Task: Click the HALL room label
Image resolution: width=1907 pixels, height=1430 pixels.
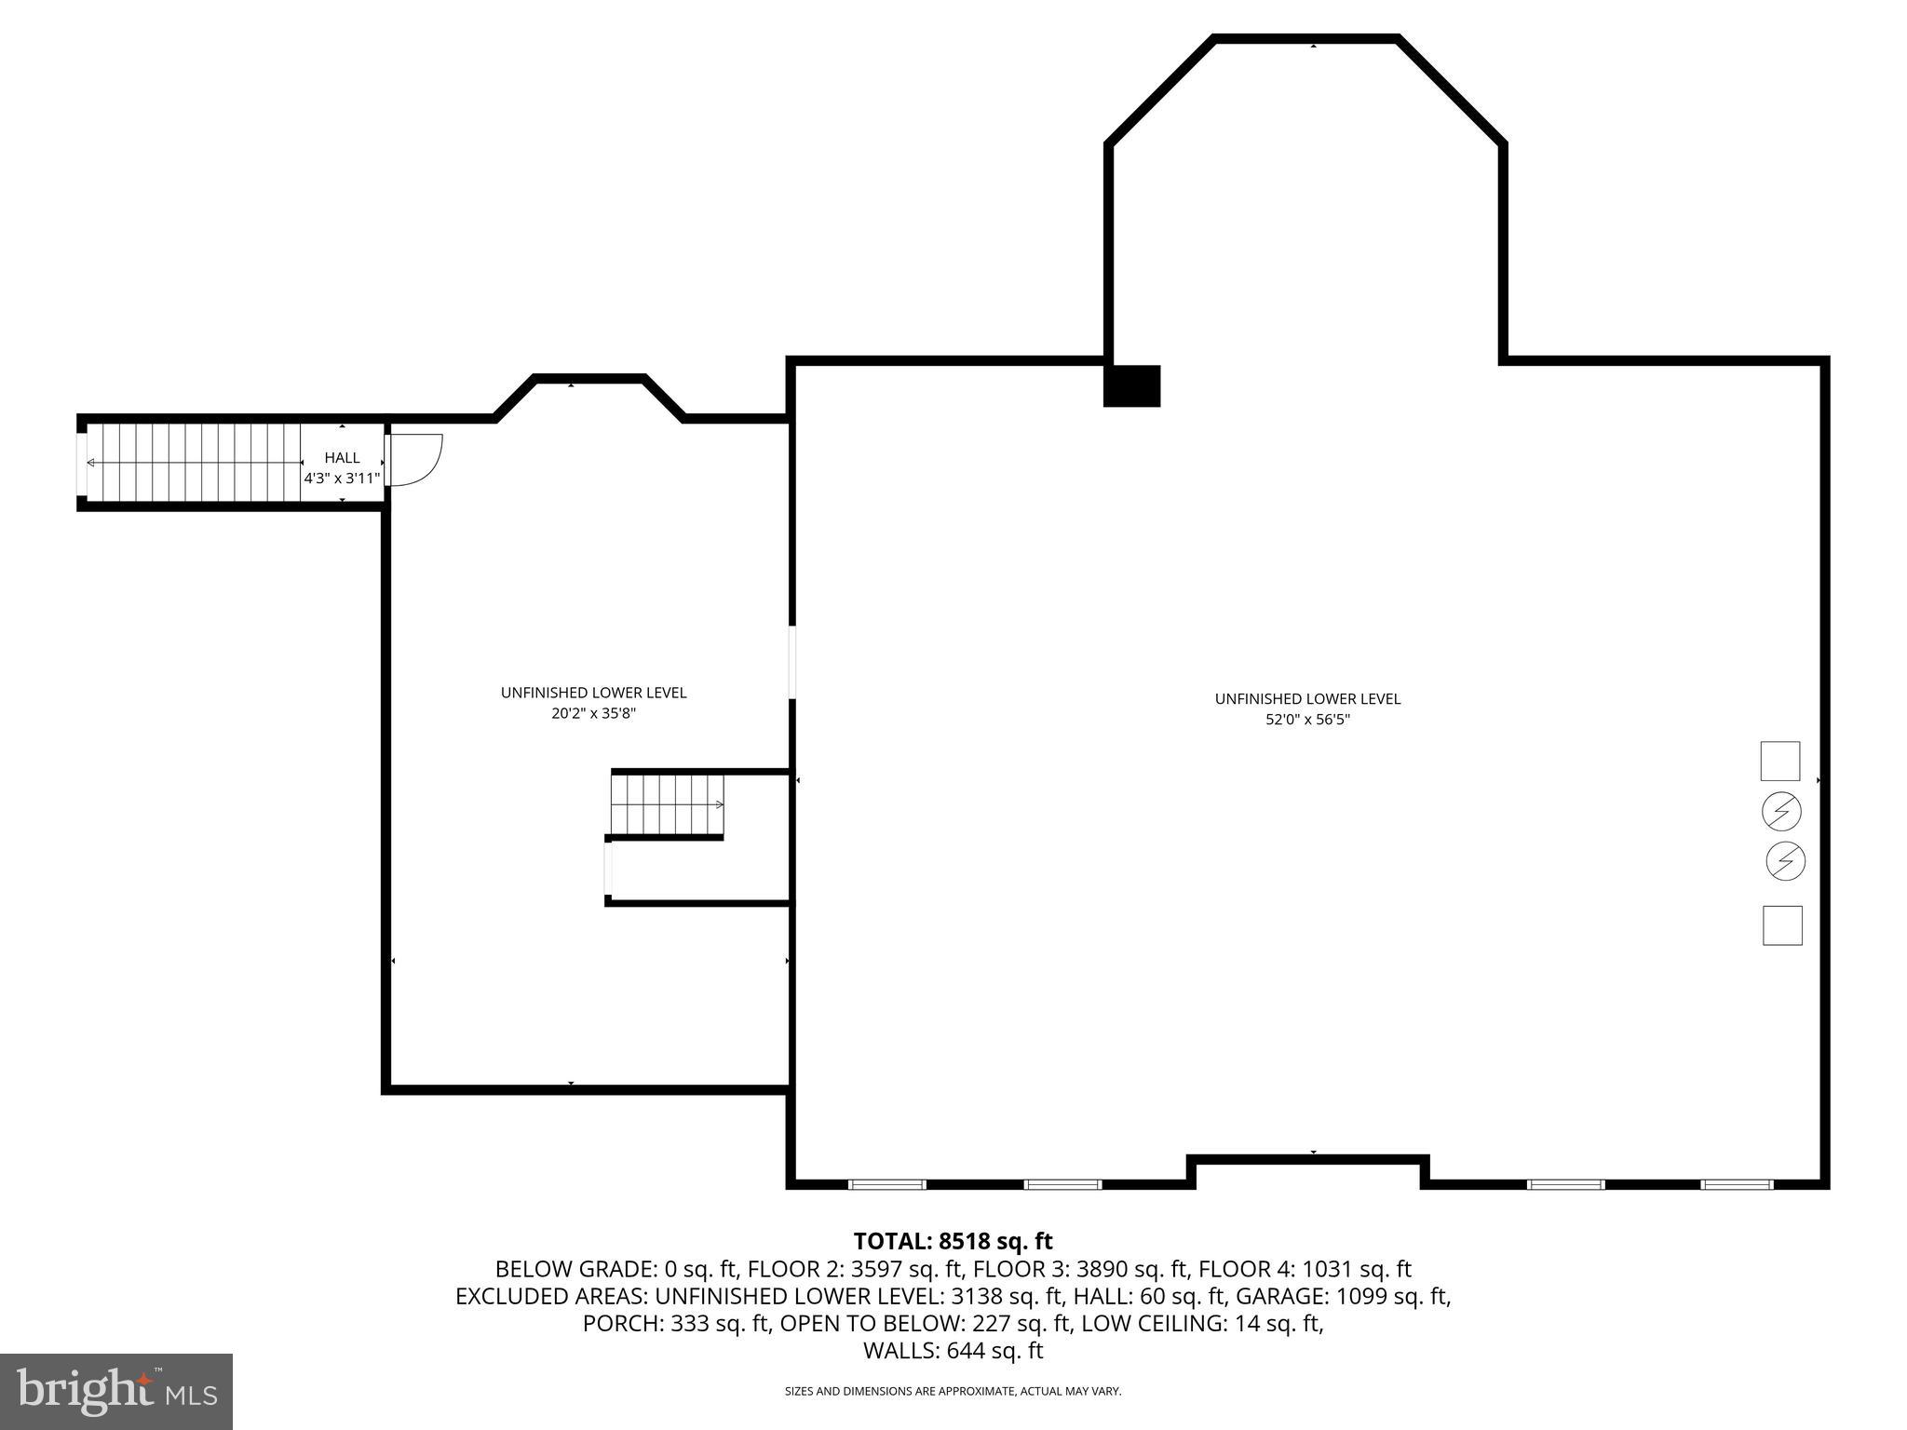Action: point(342,458)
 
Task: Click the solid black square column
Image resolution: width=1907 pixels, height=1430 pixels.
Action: point(1131,385)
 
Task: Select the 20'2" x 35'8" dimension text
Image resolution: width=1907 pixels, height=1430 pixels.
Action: point(593,714)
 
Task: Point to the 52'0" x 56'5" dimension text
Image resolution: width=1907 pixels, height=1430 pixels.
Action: point(1306,720)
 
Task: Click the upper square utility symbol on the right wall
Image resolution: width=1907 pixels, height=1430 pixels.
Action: point(1779,761)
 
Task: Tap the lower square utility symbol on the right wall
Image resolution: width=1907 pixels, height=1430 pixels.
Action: point(1782,925)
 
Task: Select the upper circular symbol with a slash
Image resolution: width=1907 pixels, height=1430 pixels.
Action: point(1781,812)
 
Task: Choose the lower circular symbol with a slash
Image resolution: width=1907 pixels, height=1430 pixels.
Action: point(1785,861)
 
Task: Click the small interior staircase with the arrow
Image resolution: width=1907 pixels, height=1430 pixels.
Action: point(668,804)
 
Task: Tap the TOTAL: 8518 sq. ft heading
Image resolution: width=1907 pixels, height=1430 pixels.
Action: point(953,1241)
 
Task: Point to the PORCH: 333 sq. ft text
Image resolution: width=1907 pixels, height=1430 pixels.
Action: point(677,1323)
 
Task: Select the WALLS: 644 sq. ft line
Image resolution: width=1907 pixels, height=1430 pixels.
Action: point(953,1351)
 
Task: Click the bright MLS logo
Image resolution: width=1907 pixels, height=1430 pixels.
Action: point(115,1391)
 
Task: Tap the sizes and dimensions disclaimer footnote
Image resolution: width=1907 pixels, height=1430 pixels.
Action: point(953,1392)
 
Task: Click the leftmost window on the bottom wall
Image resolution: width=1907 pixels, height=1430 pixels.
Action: point(886,1184)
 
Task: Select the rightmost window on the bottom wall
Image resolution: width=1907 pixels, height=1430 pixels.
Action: point(1737,1184)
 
